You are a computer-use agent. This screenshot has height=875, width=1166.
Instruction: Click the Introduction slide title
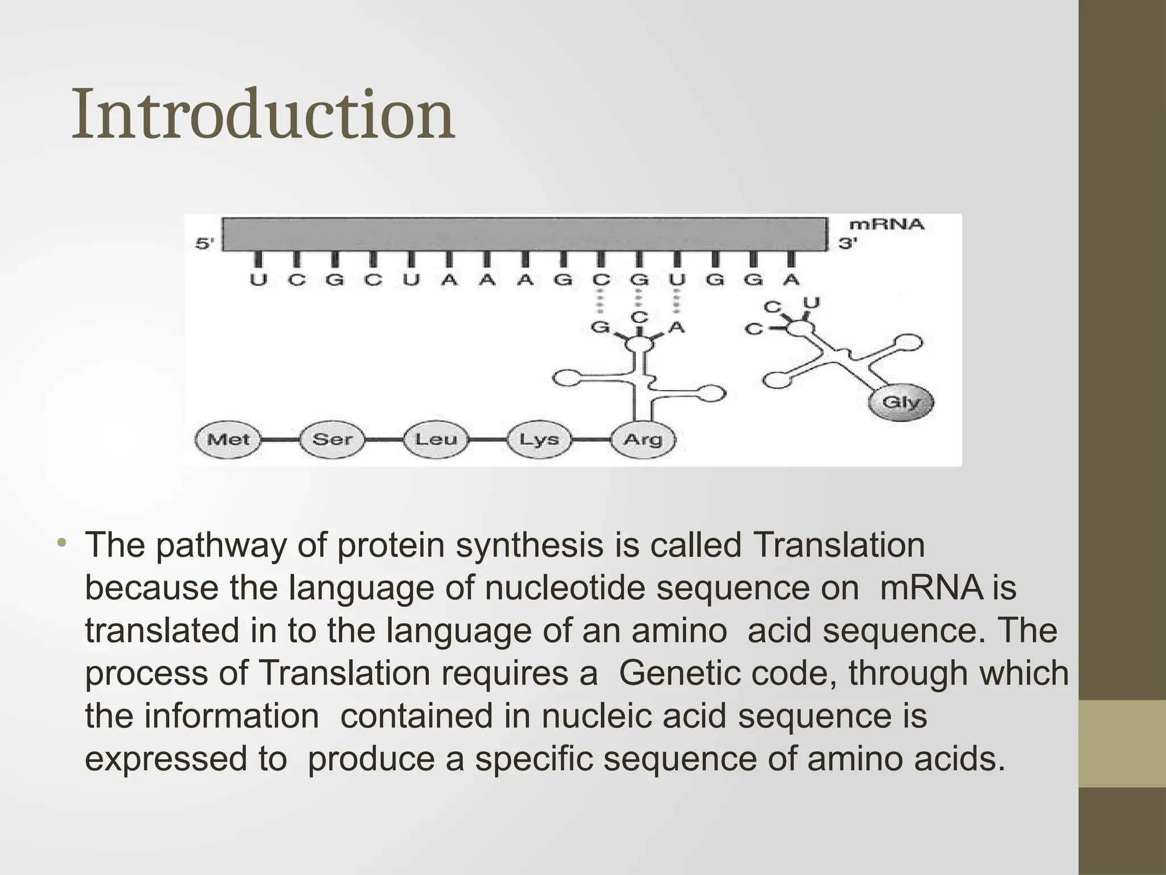[x=263, y=114]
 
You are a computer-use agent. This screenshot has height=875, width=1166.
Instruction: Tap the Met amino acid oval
[x=228, y=440]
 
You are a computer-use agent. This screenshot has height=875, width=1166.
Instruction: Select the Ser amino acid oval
[x=332, y=440]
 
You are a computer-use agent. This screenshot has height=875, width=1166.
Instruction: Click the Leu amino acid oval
[x=436, y=440]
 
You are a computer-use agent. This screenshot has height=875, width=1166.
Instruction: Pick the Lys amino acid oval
[x=539, y=440]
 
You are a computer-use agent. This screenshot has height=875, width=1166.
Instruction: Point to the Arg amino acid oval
[x=643, y=440]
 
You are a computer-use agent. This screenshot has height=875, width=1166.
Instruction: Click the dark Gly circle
[x=901, y=402]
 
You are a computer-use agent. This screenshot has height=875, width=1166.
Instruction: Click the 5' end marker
[x=205, y=244]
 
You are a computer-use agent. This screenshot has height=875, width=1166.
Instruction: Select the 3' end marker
[x=847, y=244]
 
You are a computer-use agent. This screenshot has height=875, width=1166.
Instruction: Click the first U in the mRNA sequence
[x=258, y=280]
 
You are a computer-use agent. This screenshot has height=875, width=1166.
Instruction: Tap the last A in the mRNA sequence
[x=790, y=280]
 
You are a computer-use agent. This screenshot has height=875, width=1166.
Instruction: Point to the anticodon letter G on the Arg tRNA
[x=600, y=328]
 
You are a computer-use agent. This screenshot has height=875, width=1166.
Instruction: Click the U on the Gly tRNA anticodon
[x=811, y=304]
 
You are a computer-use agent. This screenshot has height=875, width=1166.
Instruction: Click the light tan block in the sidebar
[x=1122, y=744]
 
